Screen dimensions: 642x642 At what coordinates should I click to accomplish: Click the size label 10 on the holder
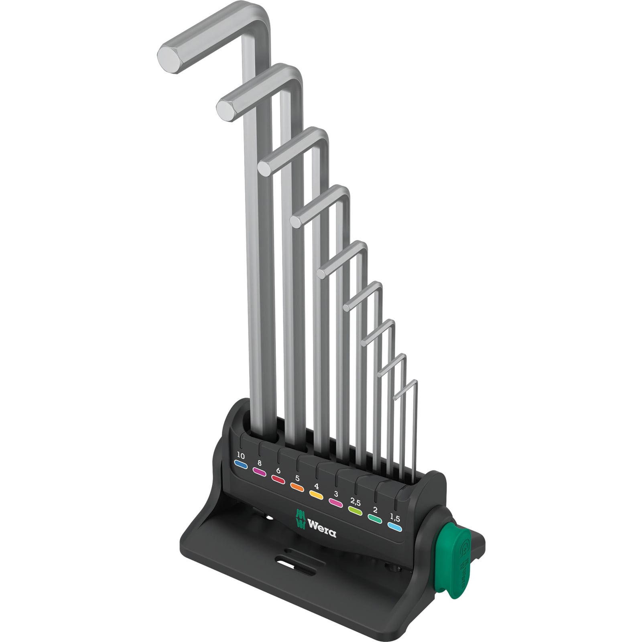click(241, 455)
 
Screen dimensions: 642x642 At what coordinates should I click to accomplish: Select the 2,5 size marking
click(356, 502)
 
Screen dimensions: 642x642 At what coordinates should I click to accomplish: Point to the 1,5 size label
click(395, 518)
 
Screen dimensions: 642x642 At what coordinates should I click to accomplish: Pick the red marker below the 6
click(278, 479)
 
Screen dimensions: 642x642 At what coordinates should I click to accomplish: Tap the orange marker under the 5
click(297, 487)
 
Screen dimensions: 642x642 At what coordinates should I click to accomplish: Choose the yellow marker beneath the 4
click(316, 495)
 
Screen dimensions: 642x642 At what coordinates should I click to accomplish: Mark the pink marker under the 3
click(335, 502)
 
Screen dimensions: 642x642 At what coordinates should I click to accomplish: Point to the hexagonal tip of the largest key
click(170, 59)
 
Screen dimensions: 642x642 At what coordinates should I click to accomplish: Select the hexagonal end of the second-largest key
click(228, 108)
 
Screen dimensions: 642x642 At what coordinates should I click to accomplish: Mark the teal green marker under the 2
click(375, 519)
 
